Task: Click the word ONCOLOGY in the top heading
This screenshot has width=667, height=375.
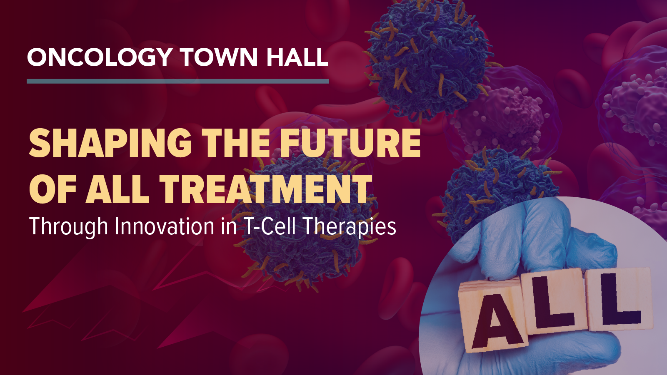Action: (100, 57)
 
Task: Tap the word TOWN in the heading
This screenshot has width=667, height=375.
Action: (219, 57)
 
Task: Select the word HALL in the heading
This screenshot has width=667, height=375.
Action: (297, 57)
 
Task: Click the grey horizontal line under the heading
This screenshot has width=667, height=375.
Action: (177, 81)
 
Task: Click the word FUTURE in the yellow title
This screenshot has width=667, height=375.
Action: (350, 143)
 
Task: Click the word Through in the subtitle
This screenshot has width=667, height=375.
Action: (69, 227)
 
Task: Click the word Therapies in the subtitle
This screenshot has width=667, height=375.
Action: (349, 227)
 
